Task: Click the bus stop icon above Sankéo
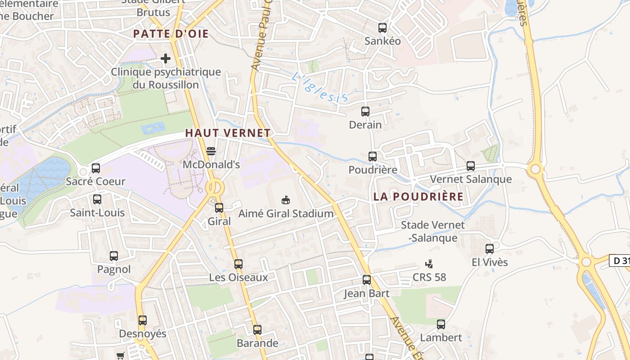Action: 382,28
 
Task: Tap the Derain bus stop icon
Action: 365,112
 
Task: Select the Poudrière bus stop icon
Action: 373,157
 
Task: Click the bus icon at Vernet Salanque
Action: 471,166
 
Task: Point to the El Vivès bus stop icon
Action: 490,248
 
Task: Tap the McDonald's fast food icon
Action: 211,151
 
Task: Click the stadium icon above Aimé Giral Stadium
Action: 285,200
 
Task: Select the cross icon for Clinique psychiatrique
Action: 166,58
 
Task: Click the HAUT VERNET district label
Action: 228,133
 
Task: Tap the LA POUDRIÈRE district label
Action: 418,197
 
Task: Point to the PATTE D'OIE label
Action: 171,34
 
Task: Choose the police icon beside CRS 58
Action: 429,264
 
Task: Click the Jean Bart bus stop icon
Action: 367,280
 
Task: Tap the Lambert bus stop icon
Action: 441,324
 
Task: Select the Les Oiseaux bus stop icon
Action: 238,264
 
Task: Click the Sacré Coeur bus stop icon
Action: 96,168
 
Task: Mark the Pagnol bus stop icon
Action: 114,256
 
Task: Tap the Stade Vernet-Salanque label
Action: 432,231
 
